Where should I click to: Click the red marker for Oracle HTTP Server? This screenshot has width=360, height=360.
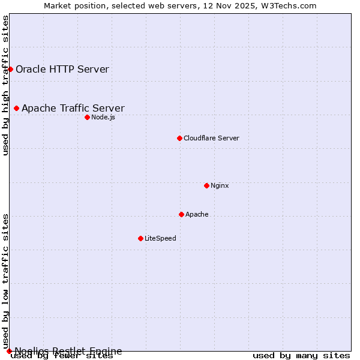tap(10, 69)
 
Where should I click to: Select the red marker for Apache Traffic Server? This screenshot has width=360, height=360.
tap(16, 108)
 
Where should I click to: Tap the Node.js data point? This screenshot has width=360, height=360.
tap(87, 117)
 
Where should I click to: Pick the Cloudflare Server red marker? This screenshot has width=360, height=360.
tap(179, 138)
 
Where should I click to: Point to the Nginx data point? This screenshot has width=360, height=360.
tap(206, 185)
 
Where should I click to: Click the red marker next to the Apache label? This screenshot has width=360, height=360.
tap(181, 214)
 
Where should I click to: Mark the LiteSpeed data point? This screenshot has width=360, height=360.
tap(140, 238)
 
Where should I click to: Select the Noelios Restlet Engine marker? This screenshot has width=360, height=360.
tap(9, 351)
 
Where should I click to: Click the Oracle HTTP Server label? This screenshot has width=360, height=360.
tap(62, 69)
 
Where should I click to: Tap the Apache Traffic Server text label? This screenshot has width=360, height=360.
tap(73, 108)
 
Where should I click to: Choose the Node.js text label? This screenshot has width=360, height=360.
tap(103, 117)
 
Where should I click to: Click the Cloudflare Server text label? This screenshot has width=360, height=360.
tap(211, 138)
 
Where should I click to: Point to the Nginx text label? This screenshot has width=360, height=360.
tap(220, 185)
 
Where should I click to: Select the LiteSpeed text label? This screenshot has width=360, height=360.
tap(160, 238)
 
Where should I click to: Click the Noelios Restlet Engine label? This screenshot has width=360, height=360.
tap(68, 351)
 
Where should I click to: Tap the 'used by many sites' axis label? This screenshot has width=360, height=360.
tap(301, 356)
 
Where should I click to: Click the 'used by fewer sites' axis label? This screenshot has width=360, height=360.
tap(62, 356)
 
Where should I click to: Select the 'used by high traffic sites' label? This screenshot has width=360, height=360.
tap(5, 85)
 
